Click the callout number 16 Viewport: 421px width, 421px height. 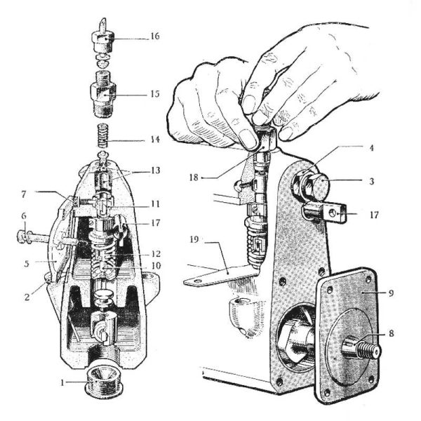point(155,36)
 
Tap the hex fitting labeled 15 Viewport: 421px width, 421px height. point(103,94)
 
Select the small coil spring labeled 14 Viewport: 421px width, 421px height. point(103,135)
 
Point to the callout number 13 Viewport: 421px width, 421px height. point(156,171)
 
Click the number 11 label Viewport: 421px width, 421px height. point(156,203)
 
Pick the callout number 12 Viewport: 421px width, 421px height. point(156,254)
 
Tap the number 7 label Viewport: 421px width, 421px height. point(24,194)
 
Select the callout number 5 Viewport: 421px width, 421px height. point(27,263)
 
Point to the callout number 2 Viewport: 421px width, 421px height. point(27,297)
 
